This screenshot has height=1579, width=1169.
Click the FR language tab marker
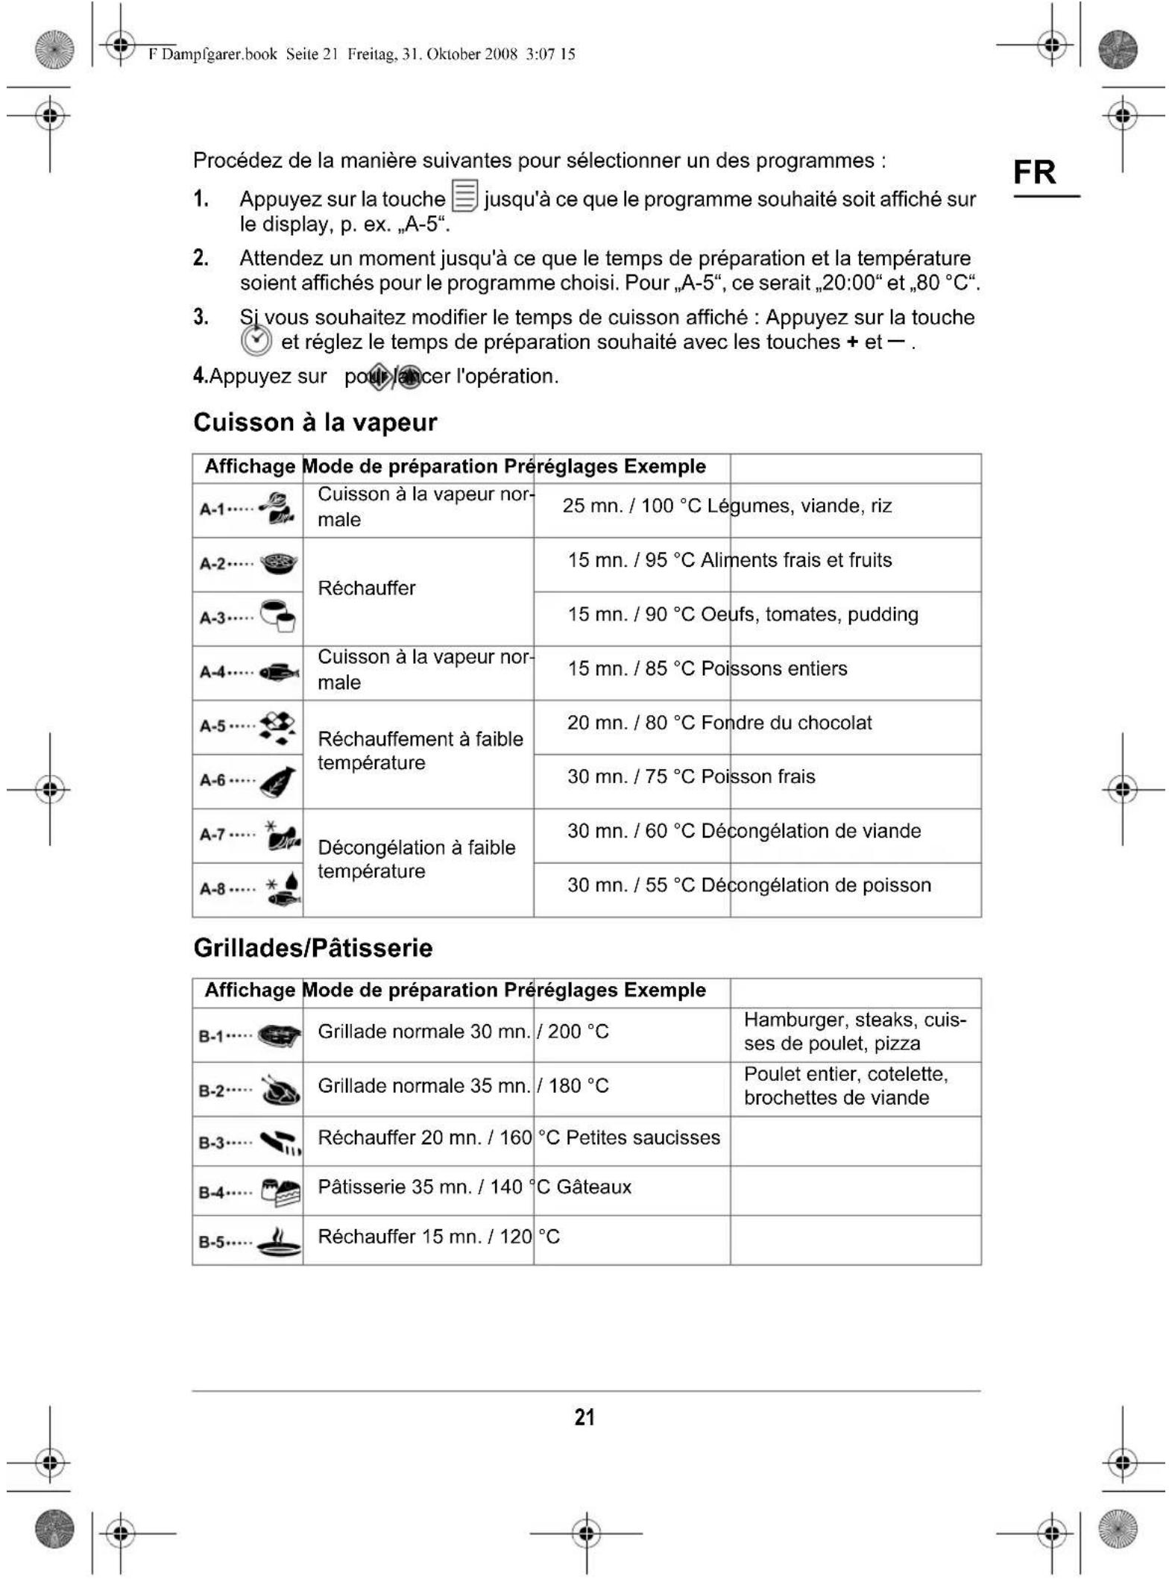tap(1034, 172)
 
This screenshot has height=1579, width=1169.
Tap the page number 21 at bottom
tap(584, 1416)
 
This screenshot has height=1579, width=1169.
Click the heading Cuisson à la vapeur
tap(315, 422)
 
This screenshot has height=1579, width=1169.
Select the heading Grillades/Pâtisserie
tap(313, 948)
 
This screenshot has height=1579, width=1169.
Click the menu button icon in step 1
tap(464, 196)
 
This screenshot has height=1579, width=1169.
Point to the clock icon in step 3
tap(256, 341)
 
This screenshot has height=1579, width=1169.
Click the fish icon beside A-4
tap(279, 672)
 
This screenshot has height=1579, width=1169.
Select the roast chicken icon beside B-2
tap(280, 1090)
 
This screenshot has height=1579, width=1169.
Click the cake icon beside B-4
tap(281, 1192)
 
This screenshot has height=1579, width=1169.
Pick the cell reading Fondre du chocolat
tap(787, 723)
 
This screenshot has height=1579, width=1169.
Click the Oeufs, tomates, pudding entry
tap(810, 615)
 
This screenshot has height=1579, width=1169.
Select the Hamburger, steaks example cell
tap(854, 1032)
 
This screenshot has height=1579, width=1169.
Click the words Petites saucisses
tap(643, 1137)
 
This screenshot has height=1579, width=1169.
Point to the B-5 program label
tap(215, 1242)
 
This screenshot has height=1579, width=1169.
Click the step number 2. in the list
tap(201, 258)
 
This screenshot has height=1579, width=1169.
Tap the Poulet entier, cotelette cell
tap(845, 1086)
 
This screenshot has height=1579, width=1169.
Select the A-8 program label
tap(213, 889)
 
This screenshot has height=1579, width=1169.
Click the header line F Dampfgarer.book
tap(362, 54)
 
